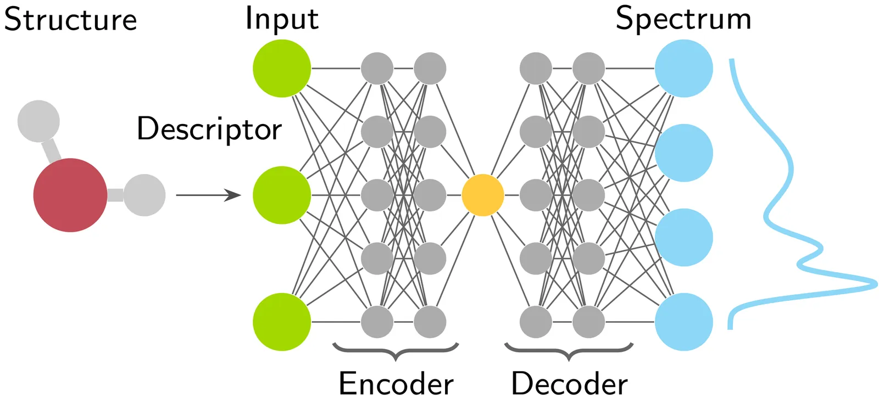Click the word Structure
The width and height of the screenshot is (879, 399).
click(70, 20)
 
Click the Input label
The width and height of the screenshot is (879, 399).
click(281, 19)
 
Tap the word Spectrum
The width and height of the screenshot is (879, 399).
click(683, 19)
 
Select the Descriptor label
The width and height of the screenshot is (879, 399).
click(209, 130)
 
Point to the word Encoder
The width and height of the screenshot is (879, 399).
click(396, 383)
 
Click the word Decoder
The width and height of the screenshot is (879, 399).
click(569, 383)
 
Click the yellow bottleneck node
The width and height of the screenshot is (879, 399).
click(483, 195)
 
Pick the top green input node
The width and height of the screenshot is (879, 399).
click(282, 69)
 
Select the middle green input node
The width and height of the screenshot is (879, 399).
click(282, 195)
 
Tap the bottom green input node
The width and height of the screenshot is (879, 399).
click(282, 322)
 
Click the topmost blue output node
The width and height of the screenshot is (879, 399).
click(684, 69)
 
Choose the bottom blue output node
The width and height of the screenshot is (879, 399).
click(684, 322)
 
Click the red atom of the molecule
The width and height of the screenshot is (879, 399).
click(70, 195)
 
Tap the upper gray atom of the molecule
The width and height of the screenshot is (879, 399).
click(38, 121)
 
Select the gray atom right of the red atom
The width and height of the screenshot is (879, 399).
click(144, 195)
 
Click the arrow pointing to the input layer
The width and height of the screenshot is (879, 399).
click(209, 195)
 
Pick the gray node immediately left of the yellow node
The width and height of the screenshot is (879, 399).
click(430, 195)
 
